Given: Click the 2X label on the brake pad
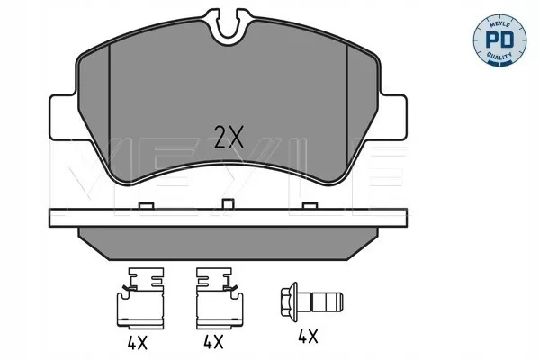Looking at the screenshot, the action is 229,137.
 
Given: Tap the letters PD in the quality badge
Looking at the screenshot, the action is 499,40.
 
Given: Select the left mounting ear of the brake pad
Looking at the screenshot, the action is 63,117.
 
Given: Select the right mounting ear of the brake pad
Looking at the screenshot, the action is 392,117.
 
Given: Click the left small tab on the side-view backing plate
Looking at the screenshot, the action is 146,206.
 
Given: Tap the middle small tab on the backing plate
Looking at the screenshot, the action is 228,203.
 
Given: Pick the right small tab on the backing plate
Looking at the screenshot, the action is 310,206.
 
